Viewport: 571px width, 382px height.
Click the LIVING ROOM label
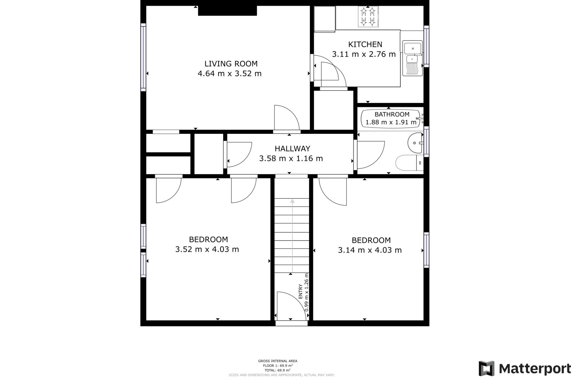pyautogui.click(x=231, y=64)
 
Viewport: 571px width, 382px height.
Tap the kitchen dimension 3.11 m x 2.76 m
pyautogui.click(x=364, y=54)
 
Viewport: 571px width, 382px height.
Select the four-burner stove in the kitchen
pyautogui.click(x=368, y=17)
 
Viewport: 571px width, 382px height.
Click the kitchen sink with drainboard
pyautogui.click(x=412, y=59)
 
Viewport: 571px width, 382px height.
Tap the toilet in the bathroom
pyautogui.click(x=408, y=163)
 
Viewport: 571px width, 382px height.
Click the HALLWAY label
pyautogui.click(x=292, y=149)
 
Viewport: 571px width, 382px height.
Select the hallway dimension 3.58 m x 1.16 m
pyautogui.click(x=291, y=159)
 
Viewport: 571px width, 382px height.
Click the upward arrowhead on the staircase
pyautogui.click(x=292, y=201)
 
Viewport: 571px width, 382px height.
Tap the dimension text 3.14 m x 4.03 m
pyautogui.click(x=370, y=250)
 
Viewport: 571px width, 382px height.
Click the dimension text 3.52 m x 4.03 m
pyautogui.click(x=207, y=249)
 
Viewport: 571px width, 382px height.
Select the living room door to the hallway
pyautogui.click(x=287, y=118)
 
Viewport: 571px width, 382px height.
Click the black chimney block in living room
pyautogui.click(x=227, y=11)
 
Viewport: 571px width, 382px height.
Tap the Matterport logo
pyautogui.click(x=524, y=369)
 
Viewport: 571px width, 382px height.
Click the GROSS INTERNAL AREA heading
pyautogui.click(x=277, y=361)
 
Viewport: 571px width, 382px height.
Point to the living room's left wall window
pyautogui.click(x=143, y=57)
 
